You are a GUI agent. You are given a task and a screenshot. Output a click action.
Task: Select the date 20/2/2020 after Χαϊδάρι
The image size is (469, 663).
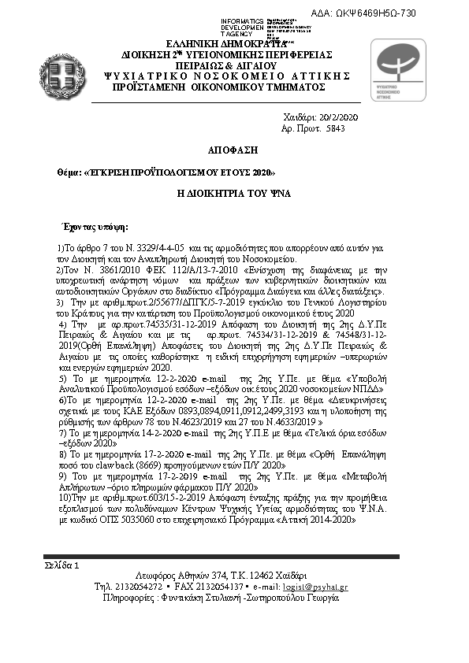[x=339, y=117]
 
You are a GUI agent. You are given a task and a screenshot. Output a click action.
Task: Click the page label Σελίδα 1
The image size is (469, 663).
[x=62, y=565]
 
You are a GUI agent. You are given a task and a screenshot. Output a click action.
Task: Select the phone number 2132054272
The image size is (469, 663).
[x=138, y=587]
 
